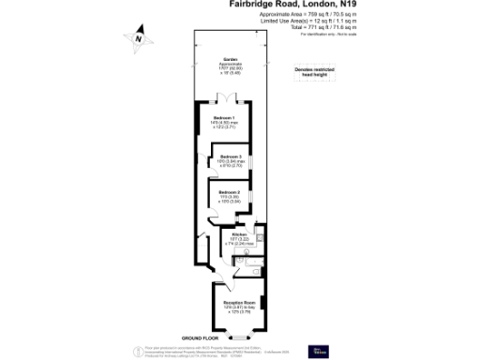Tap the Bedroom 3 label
231,156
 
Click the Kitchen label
238,233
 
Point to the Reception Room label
239,303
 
